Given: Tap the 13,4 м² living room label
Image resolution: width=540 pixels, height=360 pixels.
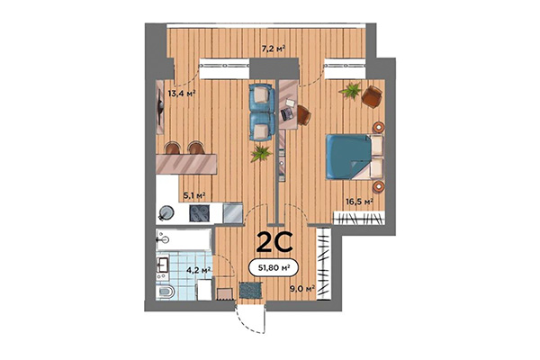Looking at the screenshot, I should (x=182, y=90).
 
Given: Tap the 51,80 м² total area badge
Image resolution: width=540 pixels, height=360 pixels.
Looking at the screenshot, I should (x=275, y=265).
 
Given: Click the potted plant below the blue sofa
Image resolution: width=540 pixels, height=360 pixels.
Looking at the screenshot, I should (x=261, y=153).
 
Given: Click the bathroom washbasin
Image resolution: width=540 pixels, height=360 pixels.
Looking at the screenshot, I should (x=165, y=265).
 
